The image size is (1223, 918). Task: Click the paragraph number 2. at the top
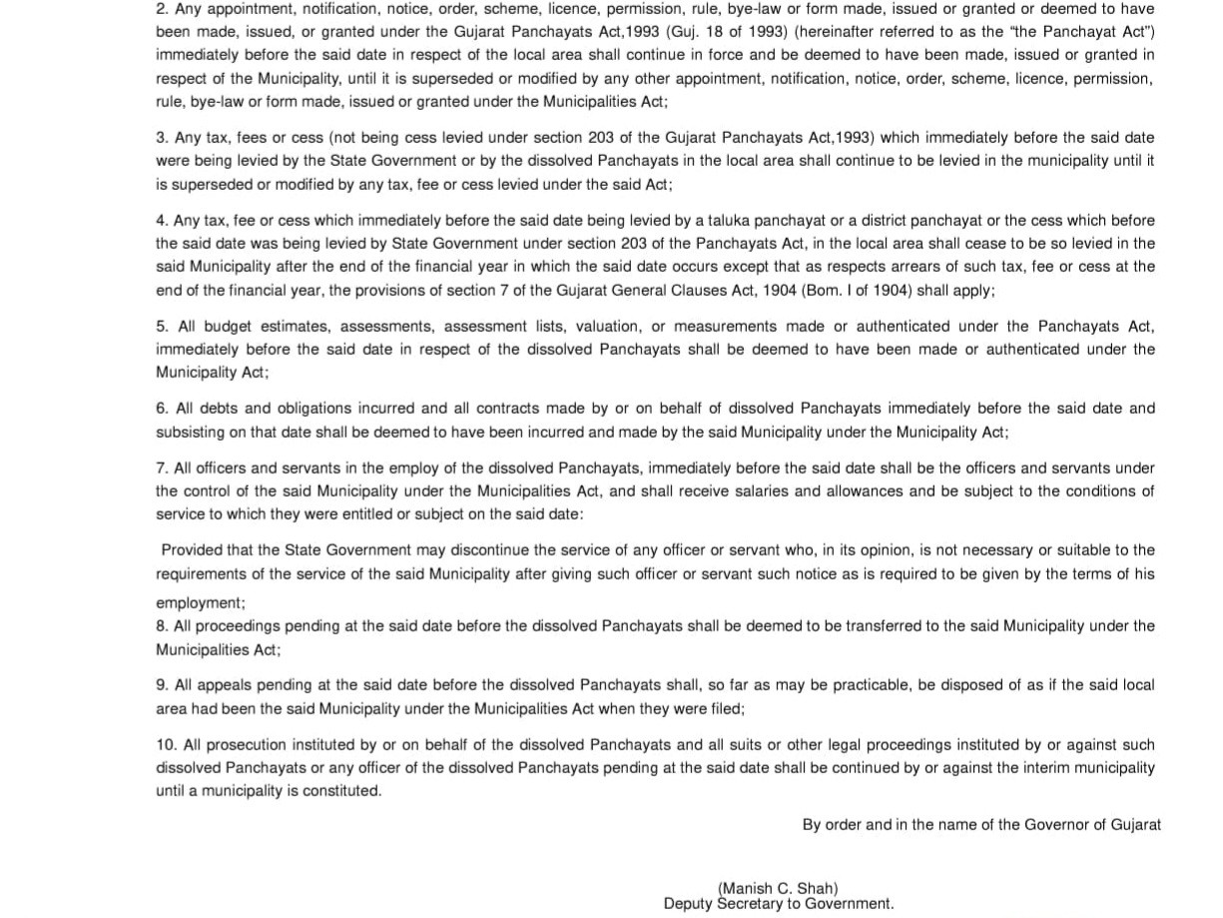coord(162,9)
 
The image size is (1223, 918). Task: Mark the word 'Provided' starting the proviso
coord(192,550)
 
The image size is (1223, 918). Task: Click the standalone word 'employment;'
coord(200,603)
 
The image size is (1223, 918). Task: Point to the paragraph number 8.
coord(162,626)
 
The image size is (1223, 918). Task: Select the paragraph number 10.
coord(166,745)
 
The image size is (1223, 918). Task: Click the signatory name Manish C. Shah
coord(778,888)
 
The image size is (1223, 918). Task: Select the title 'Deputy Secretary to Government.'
coord(778,904)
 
